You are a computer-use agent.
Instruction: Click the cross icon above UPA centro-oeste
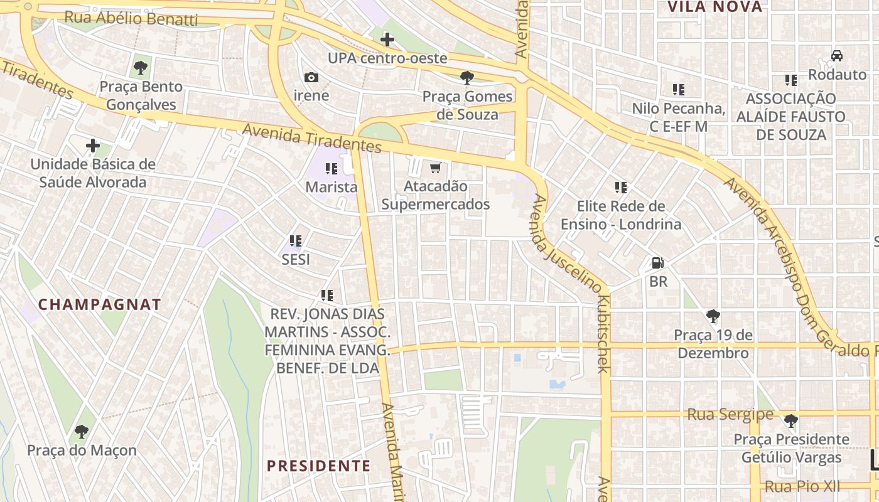coord(387,40)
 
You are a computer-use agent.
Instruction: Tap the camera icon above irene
coord(311,78)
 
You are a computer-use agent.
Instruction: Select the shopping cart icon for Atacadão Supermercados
coord(435,168)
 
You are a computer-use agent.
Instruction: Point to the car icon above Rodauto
coord(837,56)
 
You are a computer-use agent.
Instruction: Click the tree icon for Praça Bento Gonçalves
coord(141,66)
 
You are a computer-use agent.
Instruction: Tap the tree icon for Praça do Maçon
coord(81,431)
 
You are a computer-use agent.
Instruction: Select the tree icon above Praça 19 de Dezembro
coord(713,316)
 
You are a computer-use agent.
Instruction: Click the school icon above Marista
coord(331,168)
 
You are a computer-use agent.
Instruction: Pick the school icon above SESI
coord(296,240)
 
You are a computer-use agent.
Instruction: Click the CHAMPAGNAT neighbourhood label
coord(100,305)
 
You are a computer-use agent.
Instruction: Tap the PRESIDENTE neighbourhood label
coord(318,466)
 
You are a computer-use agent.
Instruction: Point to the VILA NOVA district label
coord(715,8)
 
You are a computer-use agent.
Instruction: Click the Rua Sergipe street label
coord(730,414)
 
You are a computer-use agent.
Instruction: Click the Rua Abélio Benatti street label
coord(131,19)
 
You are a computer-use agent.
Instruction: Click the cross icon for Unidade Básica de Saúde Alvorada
coord(93,146)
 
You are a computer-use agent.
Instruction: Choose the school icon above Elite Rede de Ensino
coord(621,187)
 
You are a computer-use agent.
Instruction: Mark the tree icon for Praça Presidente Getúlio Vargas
coord(791,420)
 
